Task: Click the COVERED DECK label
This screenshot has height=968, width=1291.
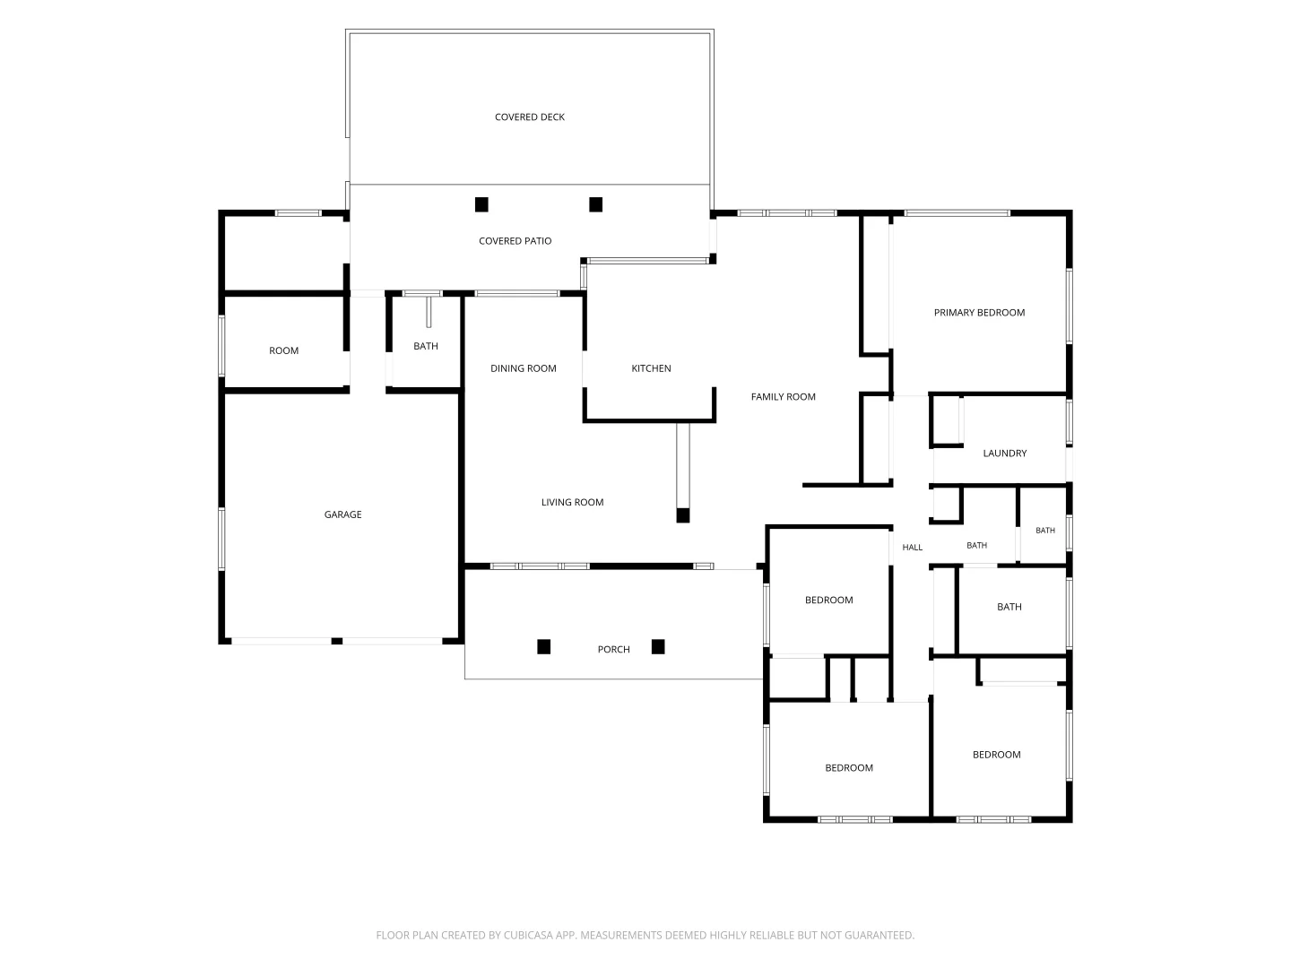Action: [x=529, y=117]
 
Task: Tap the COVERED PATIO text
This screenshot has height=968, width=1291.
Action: [x=515, y=241]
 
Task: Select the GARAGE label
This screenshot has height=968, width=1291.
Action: [x=342, y=514]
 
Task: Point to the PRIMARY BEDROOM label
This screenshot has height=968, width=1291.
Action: [x=979, y=313]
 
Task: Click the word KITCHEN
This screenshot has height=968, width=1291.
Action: [x=651, y=368]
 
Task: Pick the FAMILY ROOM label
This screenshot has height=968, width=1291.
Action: [x=783, y=397]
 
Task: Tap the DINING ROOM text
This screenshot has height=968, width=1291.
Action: [x=524, y=368]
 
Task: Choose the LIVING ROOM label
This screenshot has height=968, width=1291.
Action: [x=572, y=502]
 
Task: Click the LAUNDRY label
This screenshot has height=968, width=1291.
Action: [x=1005, y=454]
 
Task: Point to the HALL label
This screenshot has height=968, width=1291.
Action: [x=913, y=547]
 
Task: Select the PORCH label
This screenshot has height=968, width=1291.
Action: [x=613, y=650]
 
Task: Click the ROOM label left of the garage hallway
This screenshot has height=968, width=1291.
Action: [x=283, y=350]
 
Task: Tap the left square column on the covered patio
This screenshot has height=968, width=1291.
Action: [x=481, y=204]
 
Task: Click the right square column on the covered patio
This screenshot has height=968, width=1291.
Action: [x=596, y=204]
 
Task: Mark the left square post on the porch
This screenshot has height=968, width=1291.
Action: [x=544, y=647]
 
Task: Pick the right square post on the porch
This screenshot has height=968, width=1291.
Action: [x=658, y=647]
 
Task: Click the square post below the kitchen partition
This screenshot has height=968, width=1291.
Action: [x=683, y=515]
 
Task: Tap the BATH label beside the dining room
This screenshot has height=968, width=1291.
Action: [x=426, y=346]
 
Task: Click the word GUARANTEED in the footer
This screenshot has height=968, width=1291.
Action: [x=879, y=935]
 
